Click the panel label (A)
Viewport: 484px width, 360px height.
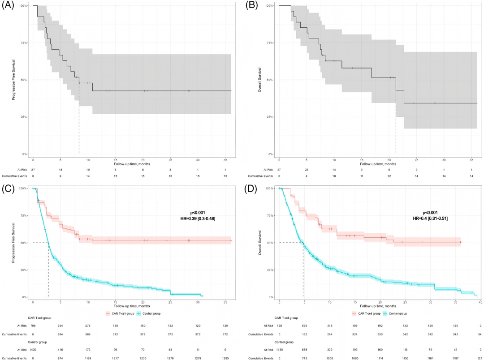(7, 6)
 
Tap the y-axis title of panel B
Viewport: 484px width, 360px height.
(260, 80)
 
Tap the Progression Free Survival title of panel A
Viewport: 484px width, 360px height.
(14, 80)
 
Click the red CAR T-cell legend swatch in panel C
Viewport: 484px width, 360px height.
(108, 314)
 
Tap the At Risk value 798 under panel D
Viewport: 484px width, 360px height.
(280, 326)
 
